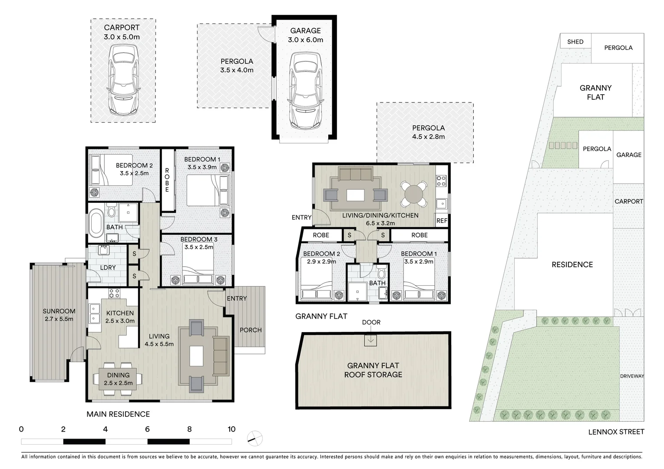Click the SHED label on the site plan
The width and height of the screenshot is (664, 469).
[x=575, y=42]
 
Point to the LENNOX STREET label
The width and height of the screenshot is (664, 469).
[x=616, y=432]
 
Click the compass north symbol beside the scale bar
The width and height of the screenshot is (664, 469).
[x=254, y=438]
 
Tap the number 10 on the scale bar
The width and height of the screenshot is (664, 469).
[x=231, y=429]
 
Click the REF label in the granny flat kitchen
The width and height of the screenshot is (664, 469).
[x=442, y=221]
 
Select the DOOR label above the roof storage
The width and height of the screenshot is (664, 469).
[x=371, y=322]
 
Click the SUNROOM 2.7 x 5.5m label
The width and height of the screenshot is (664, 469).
[x=59, y=315]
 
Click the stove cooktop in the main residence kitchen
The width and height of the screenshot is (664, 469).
[x=114, y=293]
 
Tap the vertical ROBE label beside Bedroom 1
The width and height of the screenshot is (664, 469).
[x=167, y=180]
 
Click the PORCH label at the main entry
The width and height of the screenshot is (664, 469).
[x=251, y=330]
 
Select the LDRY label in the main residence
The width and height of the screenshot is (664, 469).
[x=108, y=268]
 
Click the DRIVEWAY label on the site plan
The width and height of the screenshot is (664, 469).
[x=631, y=376]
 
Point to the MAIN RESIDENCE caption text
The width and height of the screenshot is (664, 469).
[x=118, y=414]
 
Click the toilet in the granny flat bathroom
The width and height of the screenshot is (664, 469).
[x=382, y=274]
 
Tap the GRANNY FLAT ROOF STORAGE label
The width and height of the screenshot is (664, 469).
[x=373, y=370]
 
